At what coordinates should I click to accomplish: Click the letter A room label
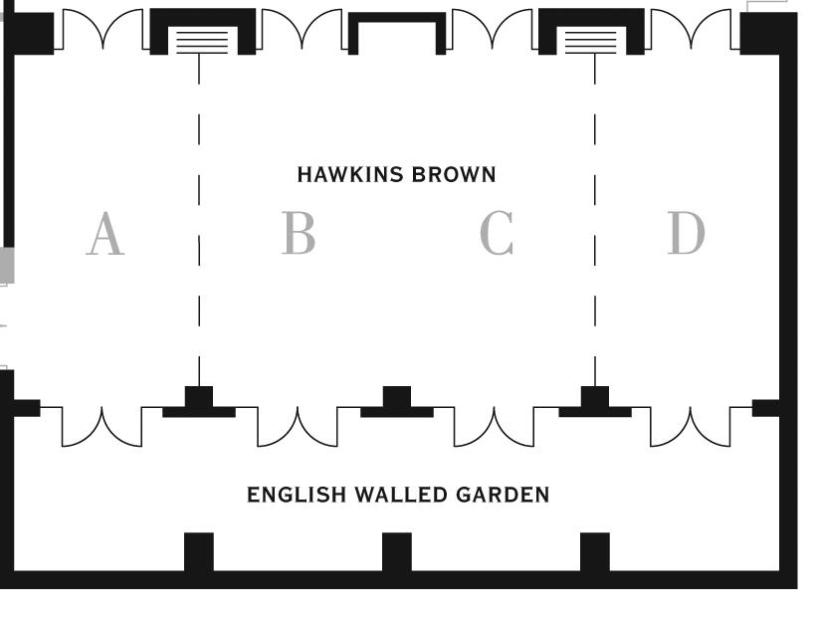pos(105,235)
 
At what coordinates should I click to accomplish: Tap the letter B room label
pos(299,234)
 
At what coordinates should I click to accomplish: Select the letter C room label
pos(497,234)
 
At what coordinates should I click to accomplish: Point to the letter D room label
pos(686,234)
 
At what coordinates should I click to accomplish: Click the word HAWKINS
pos(350,175)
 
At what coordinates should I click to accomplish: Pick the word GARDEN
pos(503,495)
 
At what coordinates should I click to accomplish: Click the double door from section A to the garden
pos(102,425)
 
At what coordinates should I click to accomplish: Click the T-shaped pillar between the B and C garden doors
pos(396,403)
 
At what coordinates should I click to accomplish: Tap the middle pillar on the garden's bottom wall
pos(396,552)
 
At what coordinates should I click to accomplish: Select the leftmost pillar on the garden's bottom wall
pos(199,552)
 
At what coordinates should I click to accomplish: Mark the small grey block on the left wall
pos(6,266)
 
